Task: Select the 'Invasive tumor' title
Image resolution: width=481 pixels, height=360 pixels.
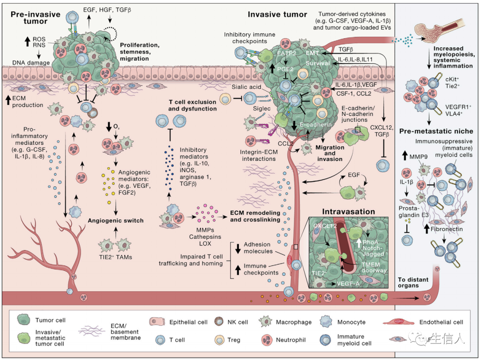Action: [x=277, y=14]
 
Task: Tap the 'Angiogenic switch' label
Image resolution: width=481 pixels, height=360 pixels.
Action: [x=115, y=220]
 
